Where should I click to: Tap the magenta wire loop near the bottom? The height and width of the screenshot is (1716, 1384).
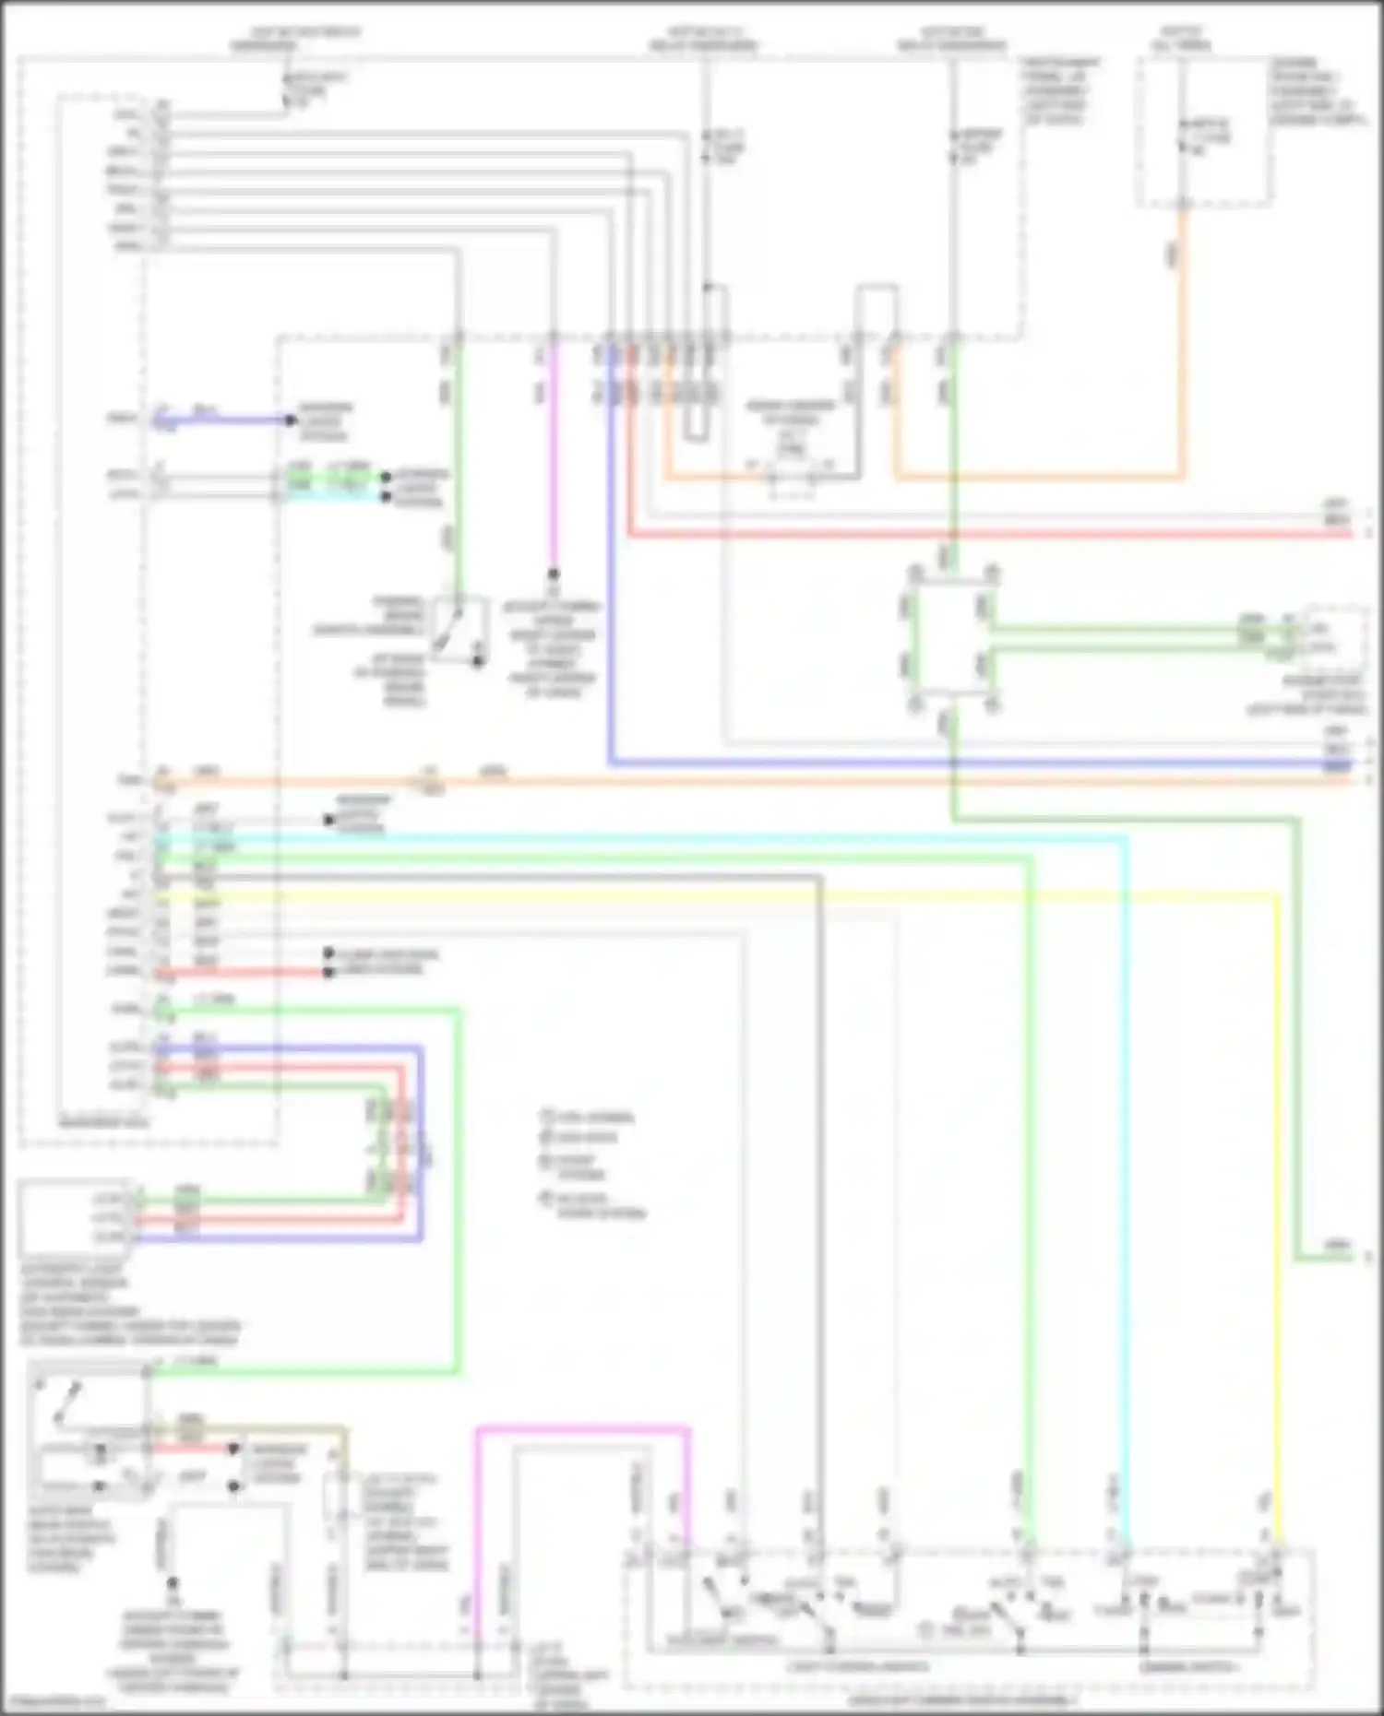pos(581,1430)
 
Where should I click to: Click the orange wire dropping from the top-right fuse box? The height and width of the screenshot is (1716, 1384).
pos(1183,369)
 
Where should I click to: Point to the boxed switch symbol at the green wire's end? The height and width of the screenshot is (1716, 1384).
pos(461,631)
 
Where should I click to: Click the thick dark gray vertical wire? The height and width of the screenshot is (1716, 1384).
pos(820,1199)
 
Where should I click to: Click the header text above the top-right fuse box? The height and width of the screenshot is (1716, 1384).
pos(1181,39)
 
